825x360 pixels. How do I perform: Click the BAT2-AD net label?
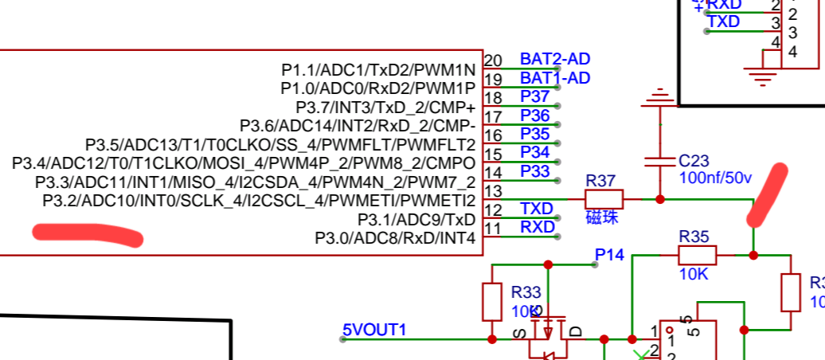click(554, 59)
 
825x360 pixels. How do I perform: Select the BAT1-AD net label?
click(554, 78)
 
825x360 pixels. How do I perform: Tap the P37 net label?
click(535, 96)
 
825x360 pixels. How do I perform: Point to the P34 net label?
click(535, 151)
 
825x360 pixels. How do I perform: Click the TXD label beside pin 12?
click(537, 208)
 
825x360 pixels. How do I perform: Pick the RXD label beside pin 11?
click(537, 227)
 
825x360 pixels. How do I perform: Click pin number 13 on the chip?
click(493, 191)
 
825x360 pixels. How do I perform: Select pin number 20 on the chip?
click(493, 61)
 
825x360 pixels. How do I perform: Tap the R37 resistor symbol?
click(604, 199)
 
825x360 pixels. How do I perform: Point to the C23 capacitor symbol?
click(659, 162)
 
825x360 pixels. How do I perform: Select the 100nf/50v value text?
click(715, 178)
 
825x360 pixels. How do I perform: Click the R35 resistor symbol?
click(697, 256)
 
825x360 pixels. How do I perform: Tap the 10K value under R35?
click(693, 274)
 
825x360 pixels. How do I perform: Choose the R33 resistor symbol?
click(492, 301)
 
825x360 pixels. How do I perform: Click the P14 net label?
click(610, 254)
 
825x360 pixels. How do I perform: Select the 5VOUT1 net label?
click(374, 330)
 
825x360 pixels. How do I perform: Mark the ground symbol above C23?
click(659, 97)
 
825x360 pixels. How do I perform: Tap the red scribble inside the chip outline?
click(88, 235)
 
